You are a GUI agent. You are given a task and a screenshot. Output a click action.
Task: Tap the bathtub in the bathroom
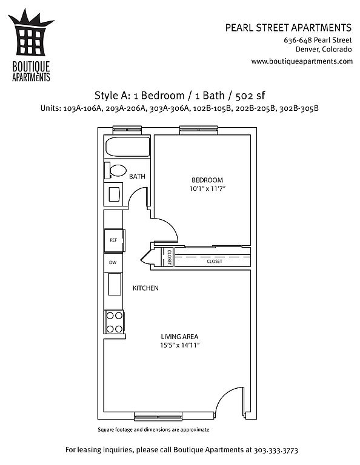click(128, 147)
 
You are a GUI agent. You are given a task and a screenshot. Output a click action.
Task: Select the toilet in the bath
click(115, 171)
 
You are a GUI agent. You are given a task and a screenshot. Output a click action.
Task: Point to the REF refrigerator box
click(115, 240)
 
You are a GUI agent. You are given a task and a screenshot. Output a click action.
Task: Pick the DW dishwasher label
click(113, 262)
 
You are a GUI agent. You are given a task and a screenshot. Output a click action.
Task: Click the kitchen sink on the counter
click(115, 284)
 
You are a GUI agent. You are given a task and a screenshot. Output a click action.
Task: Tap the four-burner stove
click(115, 322)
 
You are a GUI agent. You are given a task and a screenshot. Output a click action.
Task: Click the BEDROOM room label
click(207, 180)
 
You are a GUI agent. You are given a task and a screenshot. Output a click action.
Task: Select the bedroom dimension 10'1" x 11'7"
click(207, 189)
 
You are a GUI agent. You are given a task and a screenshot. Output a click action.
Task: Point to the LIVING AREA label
click(179, 337)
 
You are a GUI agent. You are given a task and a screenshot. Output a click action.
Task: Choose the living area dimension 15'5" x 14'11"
click(179, 345)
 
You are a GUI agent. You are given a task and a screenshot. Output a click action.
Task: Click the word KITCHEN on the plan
click(145, 288)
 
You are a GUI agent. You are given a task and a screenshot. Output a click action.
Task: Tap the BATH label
click(137, 176)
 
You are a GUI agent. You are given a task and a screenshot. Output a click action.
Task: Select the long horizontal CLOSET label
click(215, 262)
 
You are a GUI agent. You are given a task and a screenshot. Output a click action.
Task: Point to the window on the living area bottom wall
click(158, 417)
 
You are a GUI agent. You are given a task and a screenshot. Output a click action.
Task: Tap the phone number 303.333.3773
click(276, 450)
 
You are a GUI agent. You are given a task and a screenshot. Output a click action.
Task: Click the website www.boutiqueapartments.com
click(302, 61)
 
